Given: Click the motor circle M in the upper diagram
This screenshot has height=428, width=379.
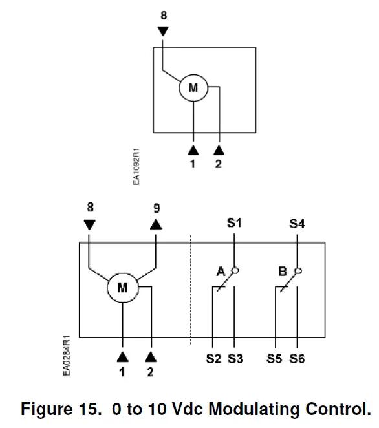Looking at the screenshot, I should tap(193, 88).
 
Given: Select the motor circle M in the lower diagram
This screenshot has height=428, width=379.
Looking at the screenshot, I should tap(122, 288).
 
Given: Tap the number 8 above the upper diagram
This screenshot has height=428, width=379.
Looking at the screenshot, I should tap(163, 14).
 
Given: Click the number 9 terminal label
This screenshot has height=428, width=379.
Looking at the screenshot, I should tap(157, 208).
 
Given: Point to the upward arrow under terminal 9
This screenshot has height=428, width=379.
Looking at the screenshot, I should tap(157, 224).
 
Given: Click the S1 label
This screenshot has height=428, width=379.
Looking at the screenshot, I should tap(233, 223).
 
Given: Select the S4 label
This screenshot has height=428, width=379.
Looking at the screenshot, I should tap(297, 224).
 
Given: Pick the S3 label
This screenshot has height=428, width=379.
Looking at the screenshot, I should tap(235, 359).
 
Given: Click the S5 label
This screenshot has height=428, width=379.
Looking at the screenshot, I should tap(275, 359).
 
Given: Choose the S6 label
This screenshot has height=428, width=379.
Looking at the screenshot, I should tap(297, 359).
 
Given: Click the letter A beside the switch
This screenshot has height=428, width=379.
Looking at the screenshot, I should tap(221, 272).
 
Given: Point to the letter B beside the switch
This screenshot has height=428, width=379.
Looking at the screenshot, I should tap(282, 272).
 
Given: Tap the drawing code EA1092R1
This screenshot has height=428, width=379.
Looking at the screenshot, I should tap(136, 167).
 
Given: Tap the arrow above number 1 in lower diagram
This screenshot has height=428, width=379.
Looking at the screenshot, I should tap(122, 356).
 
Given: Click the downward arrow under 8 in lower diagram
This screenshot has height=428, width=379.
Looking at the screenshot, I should tap(89, 224).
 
